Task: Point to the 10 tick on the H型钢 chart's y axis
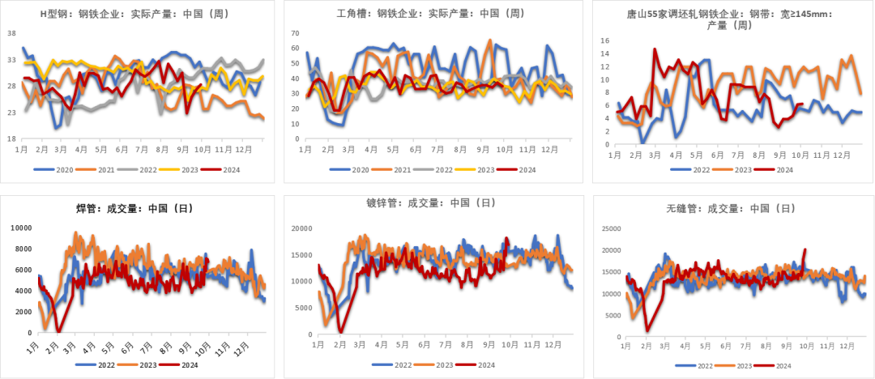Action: (11, 138)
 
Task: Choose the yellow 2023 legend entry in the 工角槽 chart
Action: (472, 169)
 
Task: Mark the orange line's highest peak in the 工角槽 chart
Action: (489, 39)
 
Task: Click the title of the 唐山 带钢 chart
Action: (717, 19)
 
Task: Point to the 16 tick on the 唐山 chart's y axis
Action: (604, 39)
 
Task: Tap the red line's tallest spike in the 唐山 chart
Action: (654, 49)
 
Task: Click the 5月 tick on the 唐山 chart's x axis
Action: (696, 154)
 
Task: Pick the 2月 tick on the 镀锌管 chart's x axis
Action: (339, 344)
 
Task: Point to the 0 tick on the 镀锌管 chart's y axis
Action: (308, 334)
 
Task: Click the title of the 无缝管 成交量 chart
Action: (741, 209)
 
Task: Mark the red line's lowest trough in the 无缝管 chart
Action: (647, 330)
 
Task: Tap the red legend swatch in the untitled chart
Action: (169, 364)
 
